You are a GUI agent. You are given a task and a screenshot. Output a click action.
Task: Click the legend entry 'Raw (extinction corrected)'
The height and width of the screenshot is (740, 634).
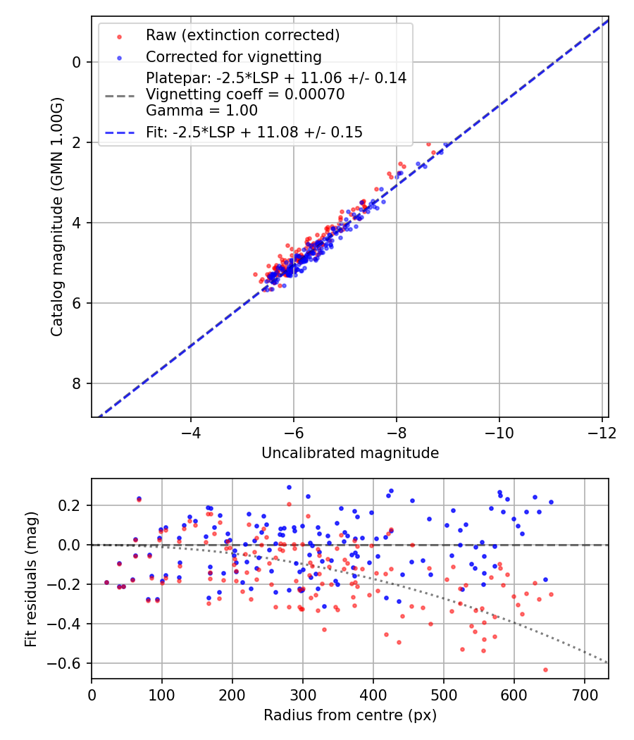[242, 35]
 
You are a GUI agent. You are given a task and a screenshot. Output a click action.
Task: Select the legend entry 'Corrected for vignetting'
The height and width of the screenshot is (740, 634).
[233, 57]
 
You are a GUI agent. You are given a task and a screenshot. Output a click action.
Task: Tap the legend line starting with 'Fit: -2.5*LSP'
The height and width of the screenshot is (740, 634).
[254, 132]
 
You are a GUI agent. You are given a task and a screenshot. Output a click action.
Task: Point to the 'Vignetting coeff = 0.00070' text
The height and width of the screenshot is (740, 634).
[245, 94]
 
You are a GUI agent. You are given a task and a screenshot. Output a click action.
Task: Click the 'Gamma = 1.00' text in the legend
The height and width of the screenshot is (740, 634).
[201, 111]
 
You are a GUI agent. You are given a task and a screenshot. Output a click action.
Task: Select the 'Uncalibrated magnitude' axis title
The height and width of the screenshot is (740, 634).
[350, 453]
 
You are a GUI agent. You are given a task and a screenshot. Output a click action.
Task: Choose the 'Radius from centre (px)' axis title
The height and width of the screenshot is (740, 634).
[350, 715]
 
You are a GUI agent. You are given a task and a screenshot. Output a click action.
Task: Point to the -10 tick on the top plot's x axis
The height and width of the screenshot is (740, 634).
[499, 431]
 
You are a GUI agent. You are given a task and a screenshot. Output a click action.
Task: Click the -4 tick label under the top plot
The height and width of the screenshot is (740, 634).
[191, 431]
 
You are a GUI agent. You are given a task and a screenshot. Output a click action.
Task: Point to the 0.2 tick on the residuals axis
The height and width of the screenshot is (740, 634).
[73, 505]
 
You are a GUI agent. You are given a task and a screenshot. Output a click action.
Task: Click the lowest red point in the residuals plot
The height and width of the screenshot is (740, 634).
[545, 670]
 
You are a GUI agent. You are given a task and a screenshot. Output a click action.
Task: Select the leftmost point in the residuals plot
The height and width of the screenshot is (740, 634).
[106, 583]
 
